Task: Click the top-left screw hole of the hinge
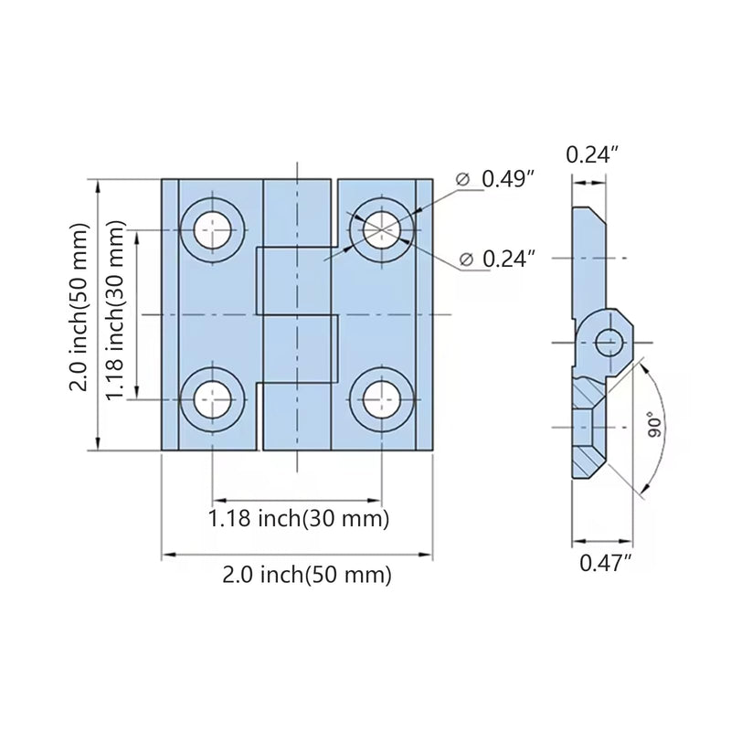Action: tap(213, 230)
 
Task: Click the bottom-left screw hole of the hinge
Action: tap(213, 399)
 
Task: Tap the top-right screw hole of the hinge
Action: tap(382, 230)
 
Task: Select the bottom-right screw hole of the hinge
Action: tap(382, 399)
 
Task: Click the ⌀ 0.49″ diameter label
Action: tap(494, 178)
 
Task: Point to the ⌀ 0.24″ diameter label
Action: tap(497, 259)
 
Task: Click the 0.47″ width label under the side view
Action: tap(605, 563)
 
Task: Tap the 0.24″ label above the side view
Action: tap(592, 154)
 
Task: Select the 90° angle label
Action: tap(654, 424)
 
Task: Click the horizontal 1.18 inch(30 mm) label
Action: tap(299, 518)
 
